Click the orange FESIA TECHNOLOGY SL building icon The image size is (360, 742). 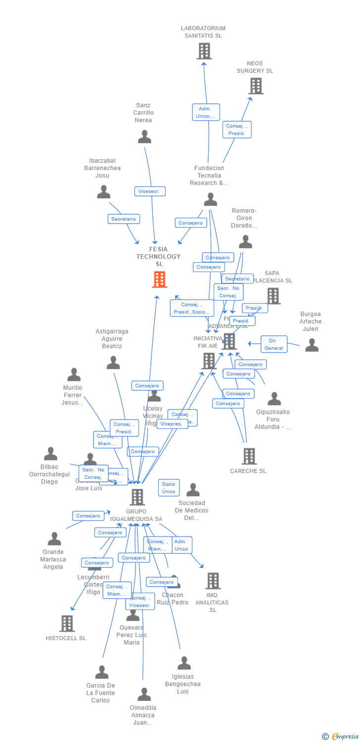159,279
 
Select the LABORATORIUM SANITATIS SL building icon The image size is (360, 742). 204,51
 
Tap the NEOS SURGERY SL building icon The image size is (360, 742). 256,86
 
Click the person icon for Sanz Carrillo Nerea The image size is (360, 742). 144,137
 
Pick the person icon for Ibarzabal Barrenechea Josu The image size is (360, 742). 103,192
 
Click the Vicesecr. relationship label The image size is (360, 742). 150,191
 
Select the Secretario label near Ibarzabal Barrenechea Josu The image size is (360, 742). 124,219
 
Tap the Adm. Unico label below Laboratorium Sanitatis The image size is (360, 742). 206,112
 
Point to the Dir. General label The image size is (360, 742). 273,344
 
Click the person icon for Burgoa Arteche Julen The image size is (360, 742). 312,345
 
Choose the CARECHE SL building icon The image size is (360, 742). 249,456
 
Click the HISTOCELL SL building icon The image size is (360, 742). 67,623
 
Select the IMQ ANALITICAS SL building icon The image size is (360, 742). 213,581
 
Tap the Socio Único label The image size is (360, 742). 169,488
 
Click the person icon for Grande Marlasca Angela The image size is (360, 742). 54,539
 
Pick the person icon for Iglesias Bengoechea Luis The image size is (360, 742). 184,663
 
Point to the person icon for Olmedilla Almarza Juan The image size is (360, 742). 144,695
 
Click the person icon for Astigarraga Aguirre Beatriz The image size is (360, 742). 113,363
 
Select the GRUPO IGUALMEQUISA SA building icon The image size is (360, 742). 137,497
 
